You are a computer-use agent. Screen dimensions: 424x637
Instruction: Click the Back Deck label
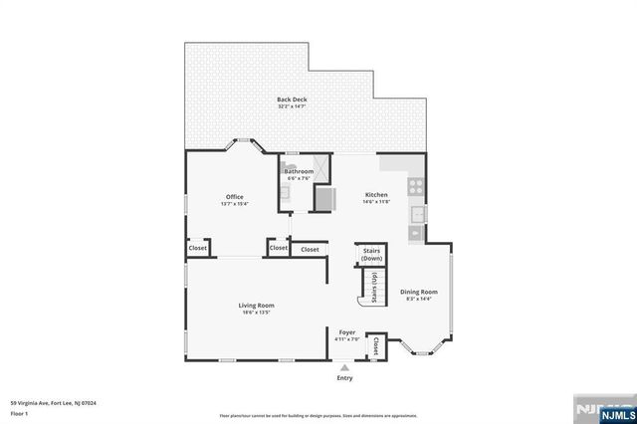(291, 100)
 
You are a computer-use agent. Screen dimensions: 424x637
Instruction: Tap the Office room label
(234, 198)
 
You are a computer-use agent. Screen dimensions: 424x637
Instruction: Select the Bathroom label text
(299, 171)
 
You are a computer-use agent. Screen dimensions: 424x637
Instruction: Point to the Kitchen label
(376, 194)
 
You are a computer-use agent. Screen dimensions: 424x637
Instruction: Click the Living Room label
(256, 306)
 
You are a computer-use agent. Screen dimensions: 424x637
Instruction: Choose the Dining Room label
(419, 292)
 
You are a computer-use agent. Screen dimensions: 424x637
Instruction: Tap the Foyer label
(347, 332)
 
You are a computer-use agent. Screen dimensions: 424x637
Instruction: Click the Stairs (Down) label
(371, 255)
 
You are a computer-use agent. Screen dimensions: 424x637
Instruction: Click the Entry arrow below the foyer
(344, 367)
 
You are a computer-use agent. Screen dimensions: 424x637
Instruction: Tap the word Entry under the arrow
(344, 378)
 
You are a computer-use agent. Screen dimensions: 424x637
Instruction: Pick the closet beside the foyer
(376, 346)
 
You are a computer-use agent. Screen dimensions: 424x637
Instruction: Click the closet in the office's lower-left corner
(198, 248)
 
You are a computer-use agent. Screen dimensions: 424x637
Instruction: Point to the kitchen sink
(419, 213)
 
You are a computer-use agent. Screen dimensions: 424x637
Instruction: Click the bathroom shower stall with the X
(320, 169)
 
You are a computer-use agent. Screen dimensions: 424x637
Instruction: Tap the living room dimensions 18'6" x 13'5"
(256, 314)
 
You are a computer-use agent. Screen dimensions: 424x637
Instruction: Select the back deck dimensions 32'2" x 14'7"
(291, 107)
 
